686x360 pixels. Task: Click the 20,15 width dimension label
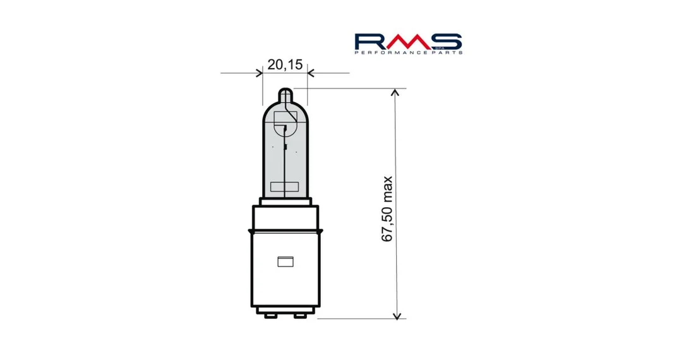pyautogui.click(x=285, y=65)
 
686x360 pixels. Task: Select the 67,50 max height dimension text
pyautogui.click(x=387, y=209)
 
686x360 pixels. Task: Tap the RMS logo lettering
pyautogui.click(x=408, y=41)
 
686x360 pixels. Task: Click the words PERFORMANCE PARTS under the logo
pyautogui.click(x=408, y=52)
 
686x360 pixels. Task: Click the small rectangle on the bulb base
pyautogui.click(x=286, y=261)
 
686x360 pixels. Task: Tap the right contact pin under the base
pyautogui.click(x=300, y=315)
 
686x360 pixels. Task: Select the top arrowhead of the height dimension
pyautogui.click(x=396, y=92)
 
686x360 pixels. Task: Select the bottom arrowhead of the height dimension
pyautogui.click(x=396, y=315)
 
